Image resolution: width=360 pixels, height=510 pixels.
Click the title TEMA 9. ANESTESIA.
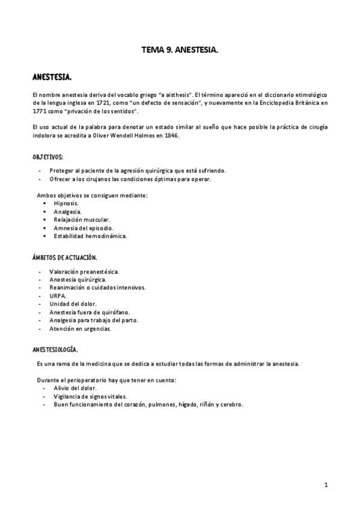[x=179, y=52]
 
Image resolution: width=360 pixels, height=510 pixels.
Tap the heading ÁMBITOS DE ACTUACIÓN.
[x=65, y=257]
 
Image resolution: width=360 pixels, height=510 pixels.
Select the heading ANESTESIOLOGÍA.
[x=55, y=349]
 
